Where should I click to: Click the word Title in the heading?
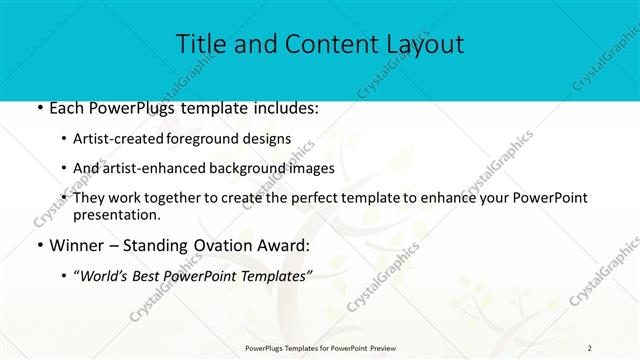click(198, 44)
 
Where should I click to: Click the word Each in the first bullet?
click(67, 108)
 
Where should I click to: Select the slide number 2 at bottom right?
click(590, 347)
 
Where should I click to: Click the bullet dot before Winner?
click(38, 245)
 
